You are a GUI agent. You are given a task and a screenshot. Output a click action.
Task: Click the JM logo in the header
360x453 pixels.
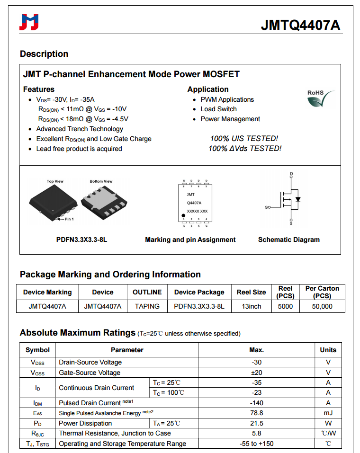click(x=29, y=22)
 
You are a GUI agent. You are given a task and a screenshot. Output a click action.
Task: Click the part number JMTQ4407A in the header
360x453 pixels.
click(x=300, y=26)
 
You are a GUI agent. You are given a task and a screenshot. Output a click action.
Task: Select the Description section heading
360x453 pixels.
click(x=44, y=54)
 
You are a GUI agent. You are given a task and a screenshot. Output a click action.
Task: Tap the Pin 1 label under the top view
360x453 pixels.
click(x=69, y=219)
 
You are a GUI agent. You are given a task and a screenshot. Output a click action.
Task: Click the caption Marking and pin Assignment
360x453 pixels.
click(x=190, y=240)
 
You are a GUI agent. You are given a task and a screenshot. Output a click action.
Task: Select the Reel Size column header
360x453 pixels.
click(x=251, y=292)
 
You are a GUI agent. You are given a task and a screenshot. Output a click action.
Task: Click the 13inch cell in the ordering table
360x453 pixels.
click(x=251, y=306)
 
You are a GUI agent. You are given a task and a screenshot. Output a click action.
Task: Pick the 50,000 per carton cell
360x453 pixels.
click(x=322, y=306)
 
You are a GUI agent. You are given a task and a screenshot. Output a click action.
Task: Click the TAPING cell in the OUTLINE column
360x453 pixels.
click(x=147, y=306)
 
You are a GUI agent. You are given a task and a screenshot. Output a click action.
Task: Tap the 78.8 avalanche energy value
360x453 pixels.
click(x=256, y=413)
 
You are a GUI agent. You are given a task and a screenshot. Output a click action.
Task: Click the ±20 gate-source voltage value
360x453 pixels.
click(x=256, y=373)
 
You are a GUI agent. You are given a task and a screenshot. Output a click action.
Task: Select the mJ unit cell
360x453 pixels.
click(x=328, y=413)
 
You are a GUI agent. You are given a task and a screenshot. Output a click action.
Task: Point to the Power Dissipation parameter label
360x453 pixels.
click(x=85, y=423)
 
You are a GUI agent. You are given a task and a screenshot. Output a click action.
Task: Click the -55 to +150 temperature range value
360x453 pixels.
click(x=256, y=444)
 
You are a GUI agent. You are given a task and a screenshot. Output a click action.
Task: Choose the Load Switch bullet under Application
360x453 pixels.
click(x=218, y=109)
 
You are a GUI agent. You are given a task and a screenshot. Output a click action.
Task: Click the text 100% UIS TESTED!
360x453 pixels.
click(x=244, y=139)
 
